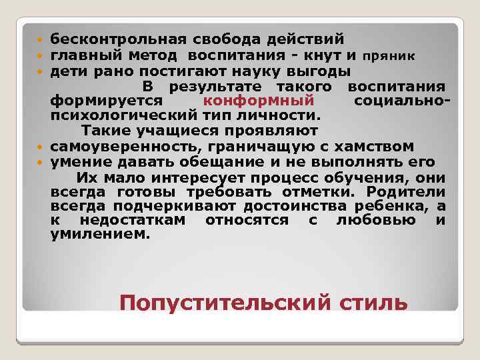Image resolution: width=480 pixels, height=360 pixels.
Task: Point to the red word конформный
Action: pyautogui.click(x=258, y=101)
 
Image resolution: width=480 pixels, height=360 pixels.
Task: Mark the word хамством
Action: pyautogui.click(x=376, y=147)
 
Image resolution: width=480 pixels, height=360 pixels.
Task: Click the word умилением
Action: pyautogui.click(x=100, y=235)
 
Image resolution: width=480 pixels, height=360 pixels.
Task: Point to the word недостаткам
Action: pyautogui.click(x=133, y=220)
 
